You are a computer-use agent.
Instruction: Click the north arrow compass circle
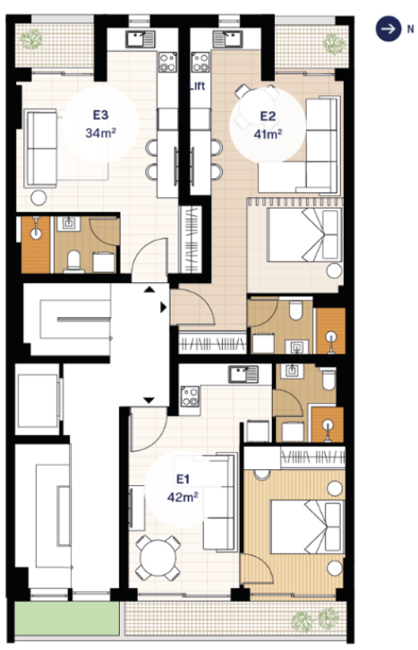[388, 29]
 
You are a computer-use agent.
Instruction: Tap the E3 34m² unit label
[100, 124]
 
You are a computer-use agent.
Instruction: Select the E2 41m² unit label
[268, 124]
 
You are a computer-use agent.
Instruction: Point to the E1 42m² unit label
[183, 488]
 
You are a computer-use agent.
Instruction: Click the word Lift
[197, 86]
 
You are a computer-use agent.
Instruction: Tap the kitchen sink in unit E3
[140, 39]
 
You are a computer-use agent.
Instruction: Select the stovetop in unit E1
[190, 396]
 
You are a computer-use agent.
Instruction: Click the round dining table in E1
[158, 558]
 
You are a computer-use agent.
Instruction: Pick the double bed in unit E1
[307, 526]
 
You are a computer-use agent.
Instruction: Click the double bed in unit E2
[304, 235]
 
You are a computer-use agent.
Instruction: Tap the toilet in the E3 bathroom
[74, 261]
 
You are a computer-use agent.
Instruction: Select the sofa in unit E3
[40, 149]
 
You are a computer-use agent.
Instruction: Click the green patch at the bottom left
[67, 618]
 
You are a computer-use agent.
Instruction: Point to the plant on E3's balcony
[30, 39]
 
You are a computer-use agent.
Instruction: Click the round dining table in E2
[257, 107]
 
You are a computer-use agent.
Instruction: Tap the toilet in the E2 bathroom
[295, 310]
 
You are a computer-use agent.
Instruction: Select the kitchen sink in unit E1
[243, 374]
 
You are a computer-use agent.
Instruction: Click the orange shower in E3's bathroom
[35, 244]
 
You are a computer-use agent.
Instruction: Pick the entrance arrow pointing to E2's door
[164, 307]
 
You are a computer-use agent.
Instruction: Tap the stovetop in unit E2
[200, 63]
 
